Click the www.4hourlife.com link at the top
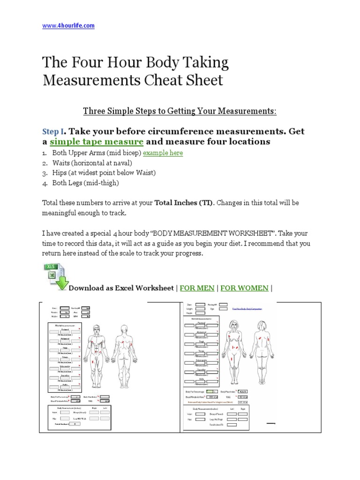click(x=68, y=26)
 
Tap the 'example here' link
click(x=163, y=153)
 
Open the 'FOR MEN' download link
click(x=197, y=288)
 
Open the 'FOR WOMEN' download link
click(x=244, y=288)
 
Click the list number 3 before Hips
click(x=45, y=173)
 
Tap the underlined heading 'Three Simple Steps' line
click(x=180, y=111)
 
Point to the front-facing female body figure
click(x=233, y=345)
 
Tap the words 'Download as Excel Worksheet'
click(x=121, y=288)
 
